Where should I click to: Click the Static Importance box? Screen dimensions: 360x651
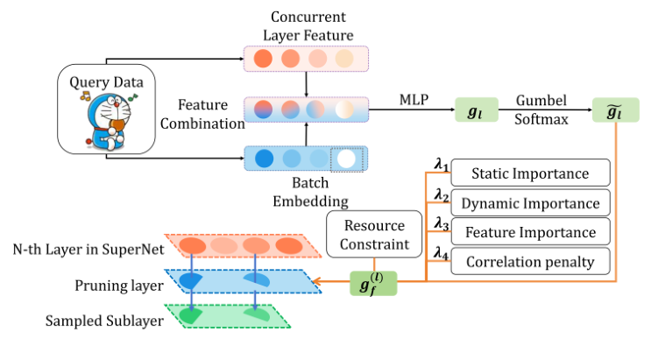coord(530,173)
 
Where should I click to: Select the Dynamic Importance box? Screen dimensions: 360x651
coord(530,203)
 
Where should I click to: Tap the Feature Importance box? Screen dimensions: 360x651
coord(530,232)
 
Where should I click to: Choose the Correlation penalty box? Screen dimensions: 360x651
coord(530,261)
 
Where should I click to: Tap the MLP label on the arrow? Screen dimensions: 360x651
coord(412,97)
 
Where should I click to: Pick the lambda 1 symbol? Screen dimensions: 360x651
coord(441,164)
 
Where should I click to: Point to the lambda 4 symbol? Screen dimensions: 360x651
coord(441,252)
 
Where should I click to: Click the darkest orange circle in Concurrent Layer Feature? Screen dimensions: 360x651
coord(262,60)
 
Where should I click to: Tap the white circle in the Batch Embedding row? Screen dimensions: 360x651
coord(348,159)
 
